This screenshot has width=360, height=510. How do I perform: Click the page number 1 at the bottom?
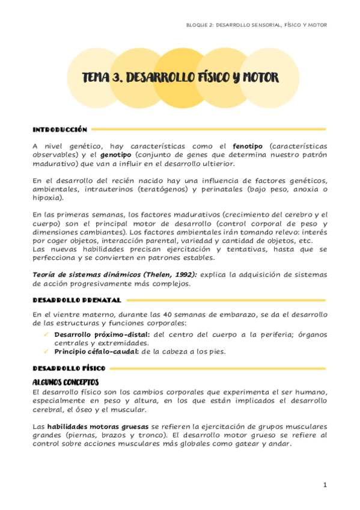(x=325, y=485)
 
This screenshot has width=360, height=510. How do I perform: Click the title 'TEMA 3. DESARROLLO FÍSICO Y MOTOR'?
(x=180, y=79)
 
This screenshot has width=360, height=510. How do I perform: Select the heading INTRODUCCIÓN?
(x=60, y=129)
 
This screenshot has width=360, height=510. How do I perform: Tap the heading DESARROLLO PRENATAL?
(x=76, y=300)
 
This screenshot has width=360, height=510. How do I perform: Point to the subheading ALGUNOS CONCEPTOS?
(x=66, y=382)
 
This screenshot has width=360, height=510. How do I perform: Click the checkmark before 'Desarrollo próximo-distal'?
(x=46, y=334)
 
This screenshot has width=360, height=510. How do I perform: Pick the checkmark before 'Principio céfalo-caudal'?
(x=46, y=352)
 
